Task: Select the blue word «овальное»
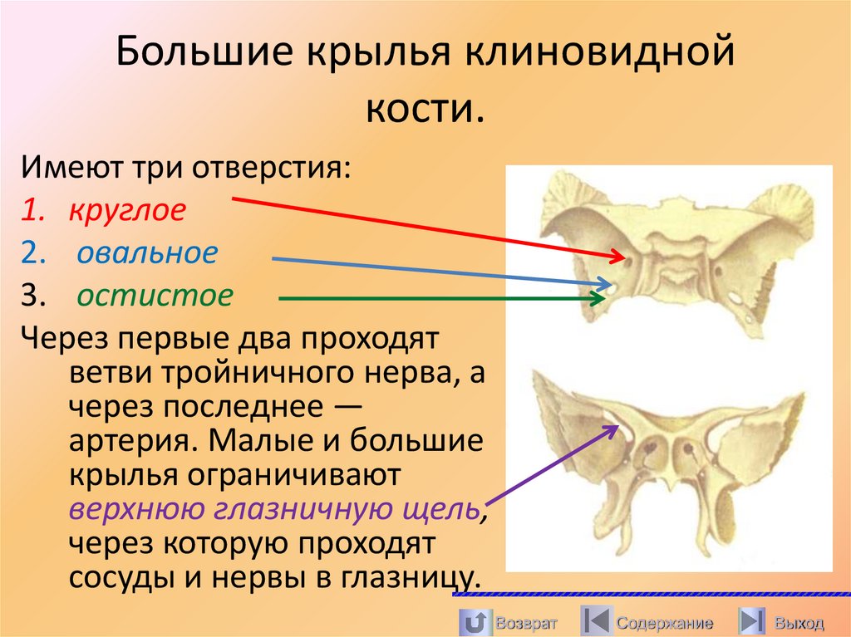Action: point(147,252)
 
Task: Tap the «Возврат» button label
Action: point(525,623)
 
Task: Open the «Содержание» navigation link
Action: point(664,623)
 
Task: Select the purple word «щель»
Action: point(440,508)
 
